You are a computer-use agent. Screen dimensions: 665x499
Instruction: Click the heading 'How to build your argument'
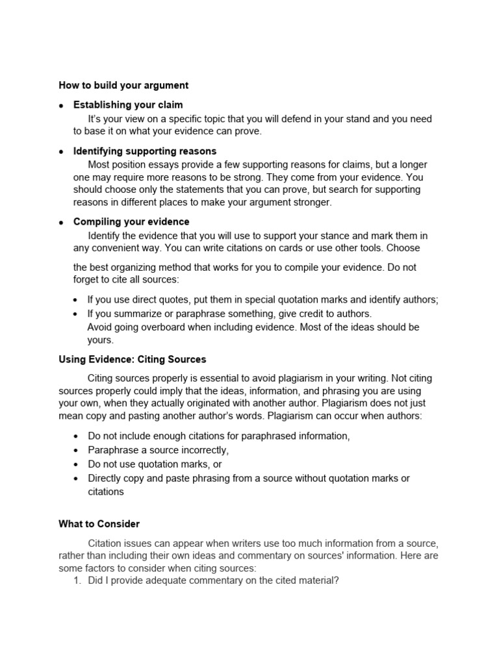(x=123, y=85)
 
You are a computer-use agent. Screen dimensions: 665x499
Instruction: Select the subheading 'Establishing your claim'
(x=128, y=105)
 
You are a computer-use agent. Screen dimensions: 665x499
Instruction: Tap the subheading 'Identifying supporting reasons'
(x=145, y=151)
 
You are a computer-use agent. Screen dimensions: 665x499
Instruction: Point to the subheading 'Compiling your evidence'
(x=131, y=222)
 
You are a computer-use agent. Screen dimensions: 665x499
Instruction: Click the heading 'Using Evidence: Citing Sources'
(x=133, y=359)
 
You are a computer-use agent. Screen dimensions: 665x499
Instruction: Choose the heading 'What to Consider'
(x=99, y=523)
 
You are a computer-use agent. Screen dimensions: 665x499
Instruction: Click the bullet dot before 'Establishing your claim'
(x=61, y=105)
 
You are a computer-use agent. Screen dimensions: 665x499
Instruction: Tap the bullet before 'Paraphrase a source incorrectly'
(x=77, y=450)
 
